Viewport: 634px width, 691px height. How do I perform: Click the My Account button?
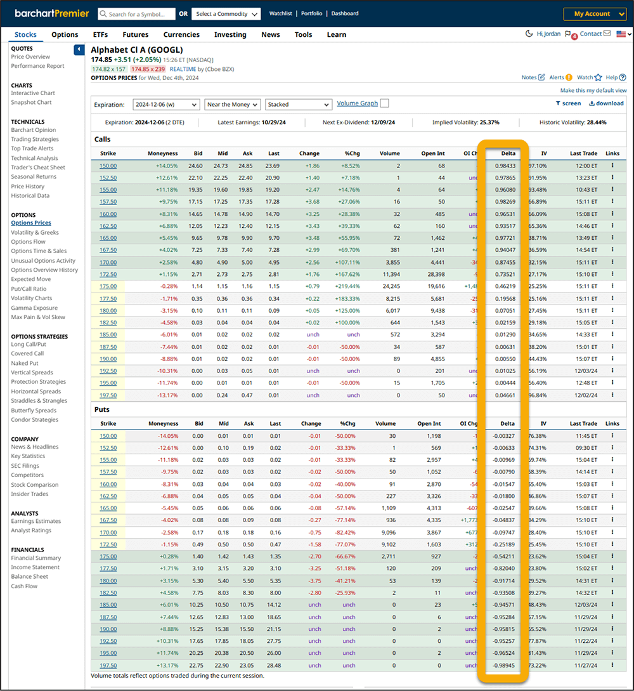coord(595,14)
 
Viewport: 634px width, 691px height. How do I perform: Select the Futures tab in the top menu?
coord(136,35)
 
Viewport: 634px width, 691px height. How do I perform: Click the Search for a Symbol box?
coord(136,14)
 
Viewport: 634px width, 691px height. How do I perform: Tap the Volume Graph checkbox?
coord(385,104)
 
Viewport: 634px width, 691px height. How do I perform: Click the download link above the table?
coord(606,103)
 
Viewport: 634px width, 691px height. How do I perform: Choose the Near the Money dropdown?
coord(233,105)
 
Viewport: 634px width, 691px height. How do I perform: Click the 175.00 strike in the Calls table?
coord(108,286)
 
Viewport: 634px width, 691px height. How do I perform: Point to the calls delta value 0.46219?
coord(505,286)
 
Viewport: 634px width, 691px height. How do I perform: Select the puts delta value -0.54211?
coord(503,556)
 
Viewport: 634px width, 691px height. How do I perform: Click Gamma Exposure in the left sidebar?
coord(34,308)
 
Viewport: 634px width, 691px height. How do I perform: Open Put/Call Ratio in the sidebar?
coord(29,289)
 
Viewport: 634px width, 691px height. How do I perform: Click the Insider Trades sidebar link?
coord(30,494)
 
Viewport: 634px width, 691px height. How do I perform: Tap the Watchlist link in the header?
coord(281,13)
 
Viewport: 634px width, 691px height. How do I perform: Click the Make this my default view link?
coord(593,91)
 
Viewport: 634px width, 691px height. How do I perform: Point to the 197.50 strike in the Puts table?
coord(108,665)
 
